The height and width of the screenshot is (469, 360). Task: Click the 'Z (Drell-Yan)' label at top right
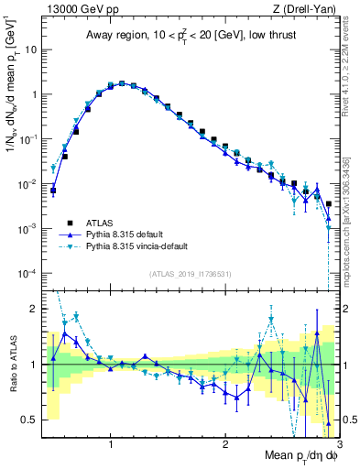point(309,10)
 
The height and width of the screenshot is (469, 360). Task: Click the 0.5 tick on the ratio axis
point(30,420)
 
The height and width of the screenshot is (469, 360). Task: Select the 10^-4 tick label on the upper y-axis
point(27,273)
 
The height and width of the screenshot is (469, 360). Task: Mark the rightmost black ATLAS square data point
point(329,203)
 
